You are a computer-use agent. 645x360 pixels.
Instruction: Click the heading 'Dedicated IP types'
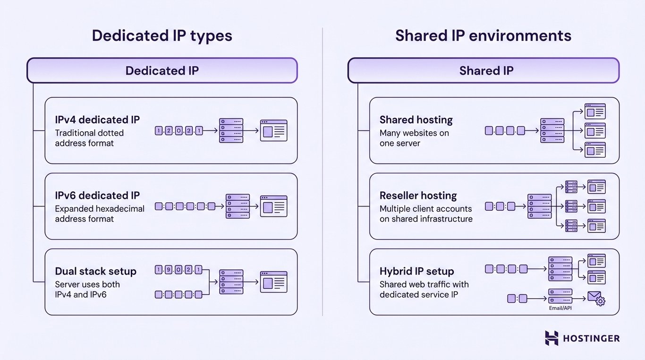[162, 36]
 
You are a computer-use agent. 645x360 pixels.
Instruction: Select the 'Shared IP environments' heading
[483, 36]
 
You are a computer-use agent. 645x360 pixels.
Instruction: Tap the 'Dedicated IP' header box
[162, 71]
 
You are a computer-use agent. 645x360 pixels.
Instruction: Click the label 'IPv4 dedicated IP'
[97, 120]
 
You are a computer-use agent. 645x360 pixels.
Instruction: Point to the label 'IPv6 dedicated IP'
[97, 196]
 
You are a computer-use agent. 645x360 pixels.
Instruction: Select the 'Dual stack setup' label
[95, 271]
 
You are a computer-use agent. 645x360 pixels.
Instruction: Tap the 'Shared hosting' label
[416, 120]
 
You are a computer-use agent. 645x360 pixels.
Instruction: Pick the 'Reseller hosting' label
[418, 196]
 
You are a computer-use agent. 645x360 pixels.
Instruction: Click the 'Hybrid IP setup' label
[416, 271]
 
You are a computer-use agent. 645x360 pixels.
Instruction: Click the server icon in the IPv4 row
[231, 130]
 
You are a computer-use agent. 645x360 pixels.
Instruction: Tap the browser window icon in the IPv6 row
[273, 206]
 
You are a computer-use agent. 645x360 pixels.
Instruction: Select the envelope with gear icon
[596, 298]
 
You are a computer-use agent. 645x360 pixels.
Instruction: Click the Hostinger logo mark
[552, 338]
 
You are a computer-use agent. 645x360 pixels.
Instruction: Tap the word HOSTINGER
[591, 338]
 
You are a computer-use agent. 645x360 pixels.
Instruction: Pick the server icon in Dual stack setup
[231, 282]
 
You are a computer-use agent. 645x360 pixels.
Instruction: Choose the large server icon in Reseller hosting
[539, 206]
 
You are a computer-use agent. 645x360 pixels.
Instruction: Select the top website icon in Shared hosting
[595, 111]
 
